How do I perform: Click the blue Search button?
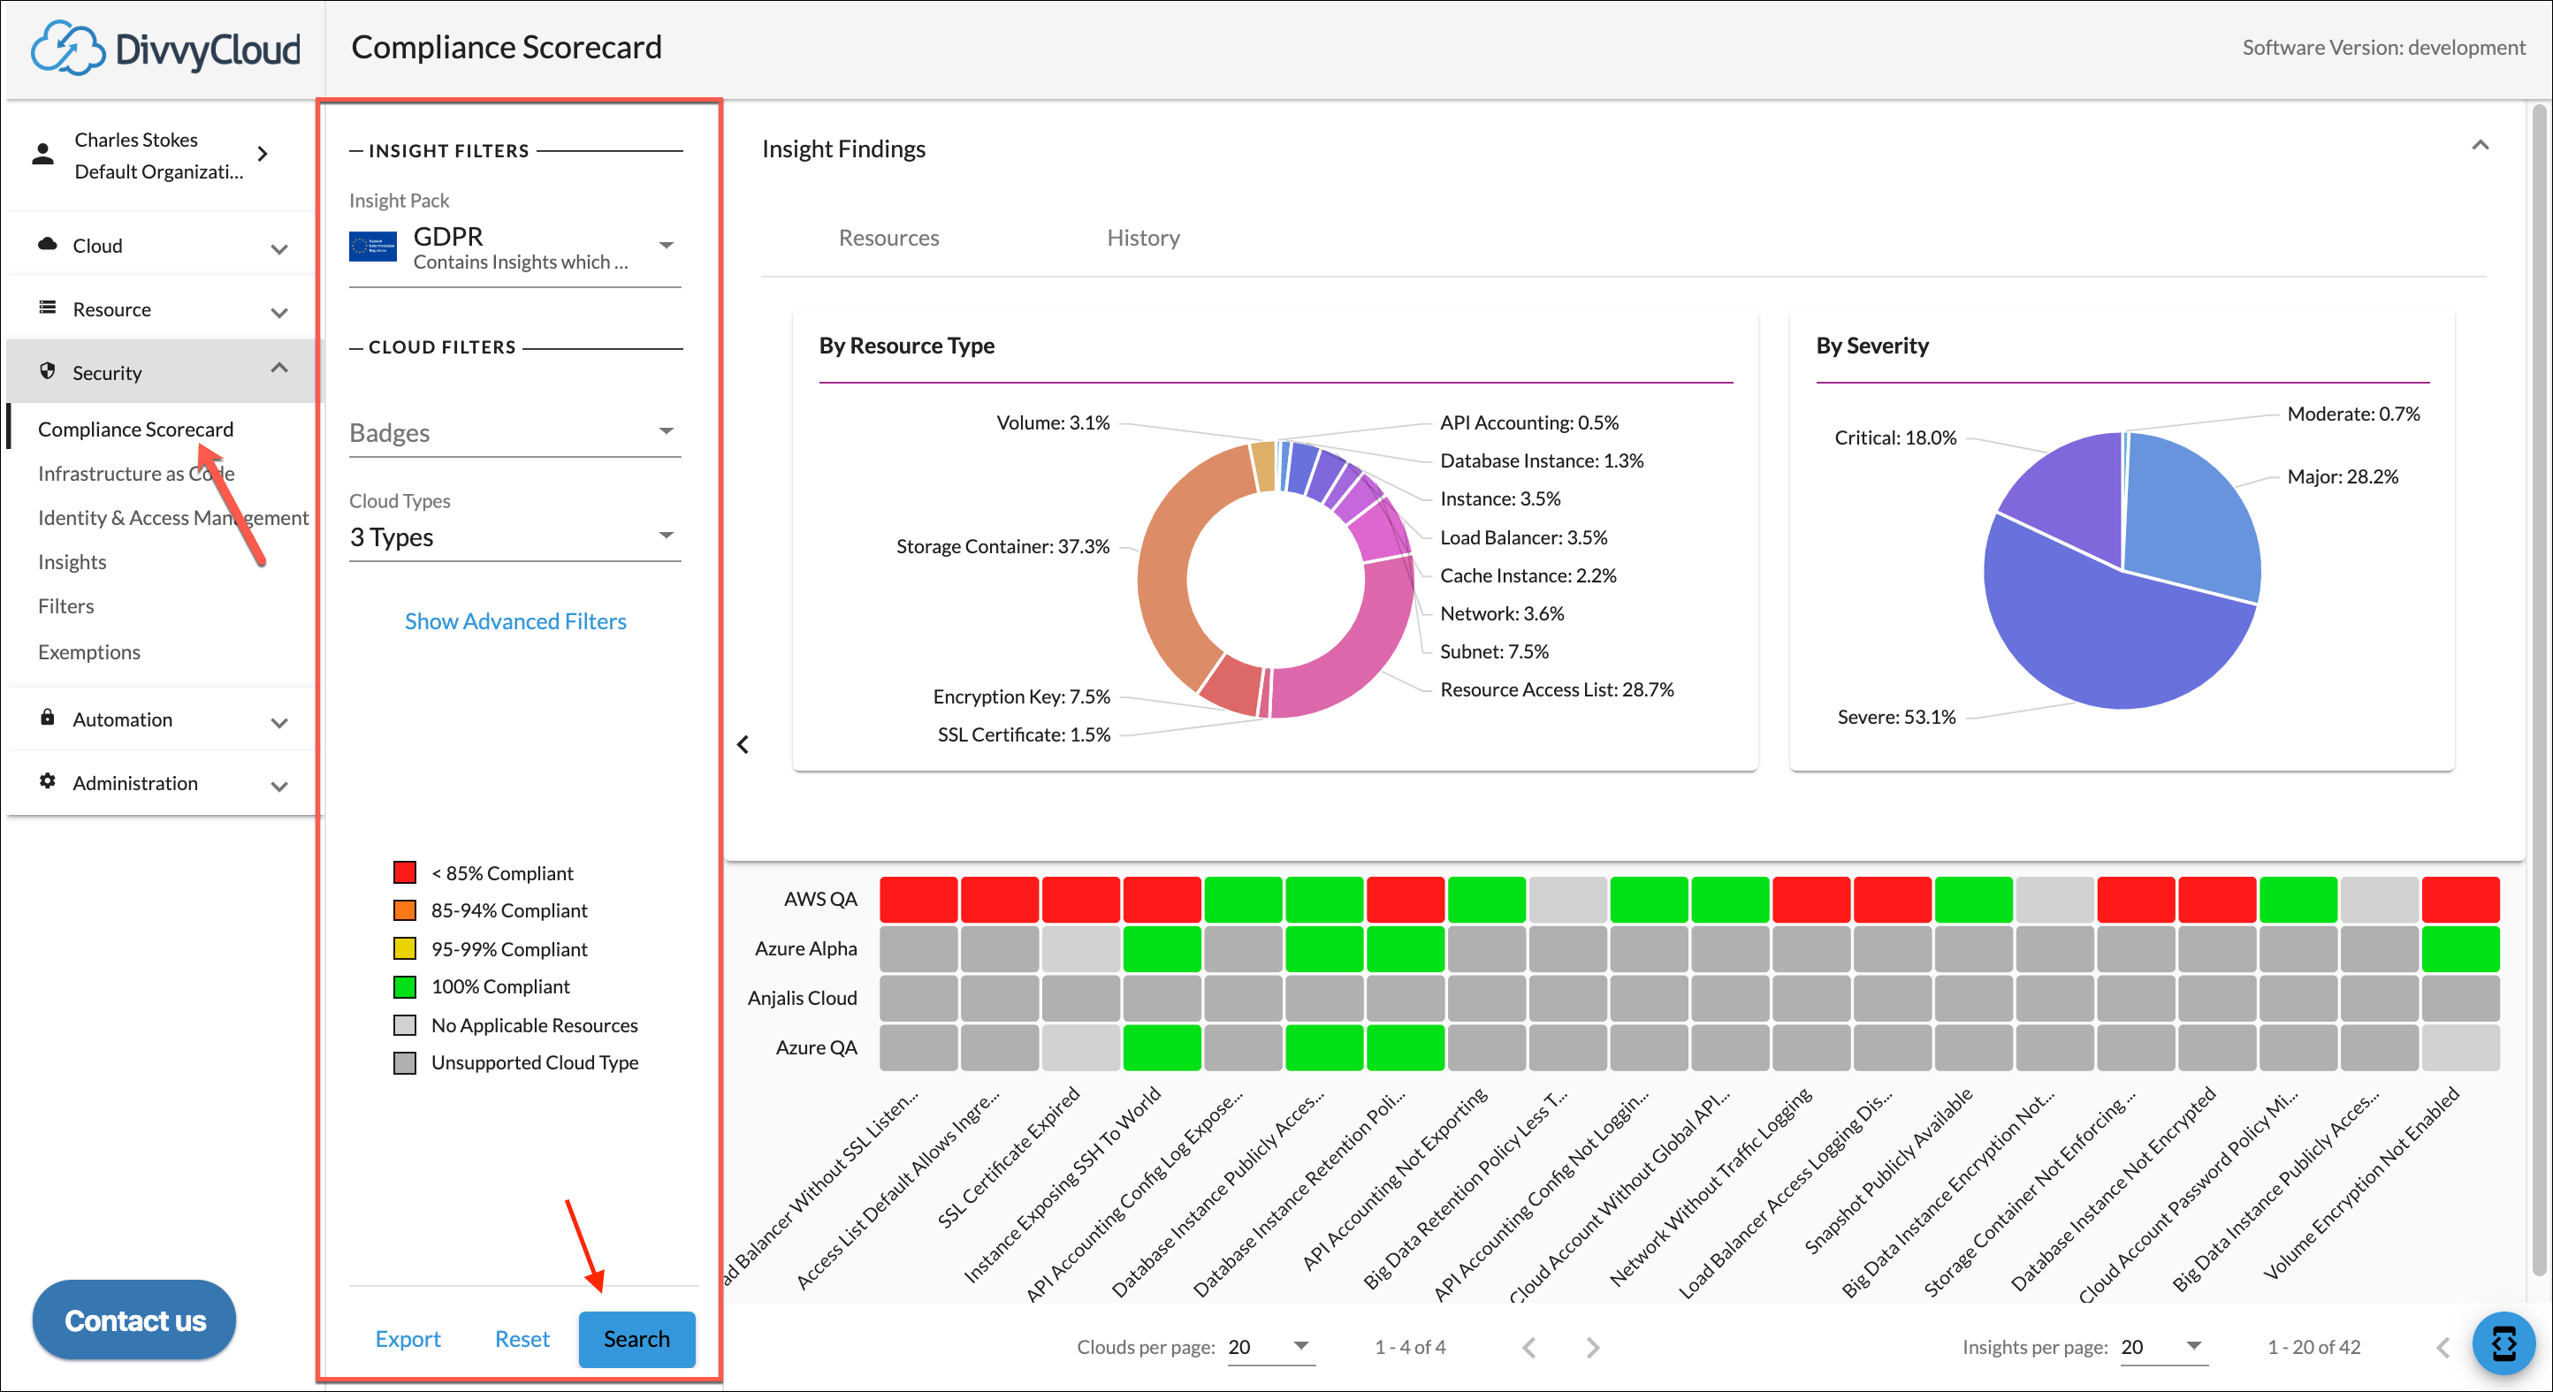[x=636, y=1338]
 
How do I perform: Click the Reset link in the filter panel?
[x=522, y=1338]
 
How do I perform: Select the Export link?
[x=408, y=1338]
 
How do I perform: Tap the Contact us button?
[x=134, y=1320]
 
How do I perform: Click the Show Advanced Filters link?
[x=515, y=621]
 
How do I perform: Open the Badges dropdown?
[x=514, y=433]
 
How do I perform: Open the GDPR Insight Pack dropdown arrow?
[x=666, y=246]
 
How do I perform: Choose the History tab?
[x=1143, y=238]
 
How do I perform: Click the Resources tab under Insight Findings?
[x=888, y=238]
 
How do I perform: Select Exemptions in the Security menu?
[x=89, y=652]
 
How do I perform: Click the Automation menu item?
[x=122, y=719]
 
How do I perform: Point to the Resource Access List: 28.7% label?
[x=1556, y=689]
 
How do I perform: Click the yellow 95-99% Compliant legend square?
[x=404, y=949]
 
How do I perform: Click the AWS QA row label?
[x=819, y=899]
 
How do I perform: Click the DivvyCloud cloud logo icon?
[x=66, y=48]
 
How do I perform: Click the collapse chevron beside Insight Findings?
[x=2480, y=146]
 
